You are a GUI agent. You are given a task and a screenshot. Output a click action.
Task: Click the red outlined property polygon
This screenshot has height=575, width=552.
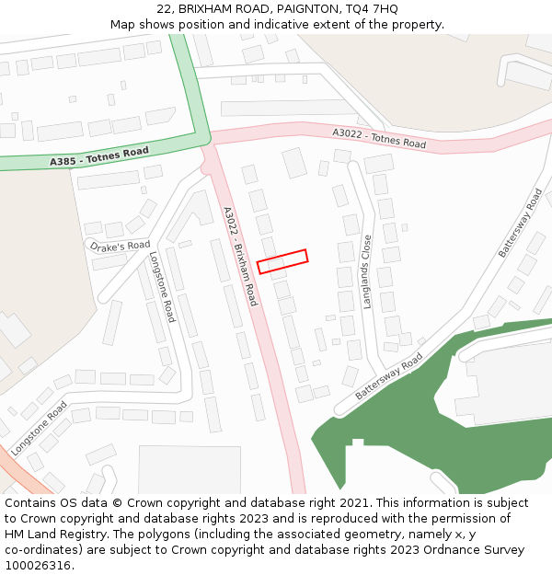click(x=282, y=261)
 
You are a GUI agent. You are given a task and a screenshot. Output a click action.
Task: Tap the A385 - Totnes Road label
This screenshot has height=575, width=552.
click(x=99, y=156)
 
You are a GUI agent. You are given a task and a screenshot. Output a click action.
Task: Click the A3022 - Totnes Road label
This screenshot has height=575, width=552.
click(x=379, y=139)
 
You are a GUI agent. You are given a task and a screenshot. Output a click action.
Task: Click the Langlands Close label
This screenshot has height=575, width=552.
click(x=367, y=271)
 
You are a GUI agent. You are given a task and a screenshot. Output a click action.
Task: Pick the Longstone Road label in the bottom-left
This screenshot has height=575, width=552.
click(x=40, y=422)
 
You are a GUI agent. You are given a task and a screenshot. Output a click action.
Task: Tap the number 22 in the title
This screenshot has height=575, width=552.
click(x=164, y=9)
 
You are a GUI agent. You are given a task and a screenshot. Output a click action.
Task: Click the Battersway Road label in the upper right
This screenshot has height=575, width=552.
click(x=522, y=223)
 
